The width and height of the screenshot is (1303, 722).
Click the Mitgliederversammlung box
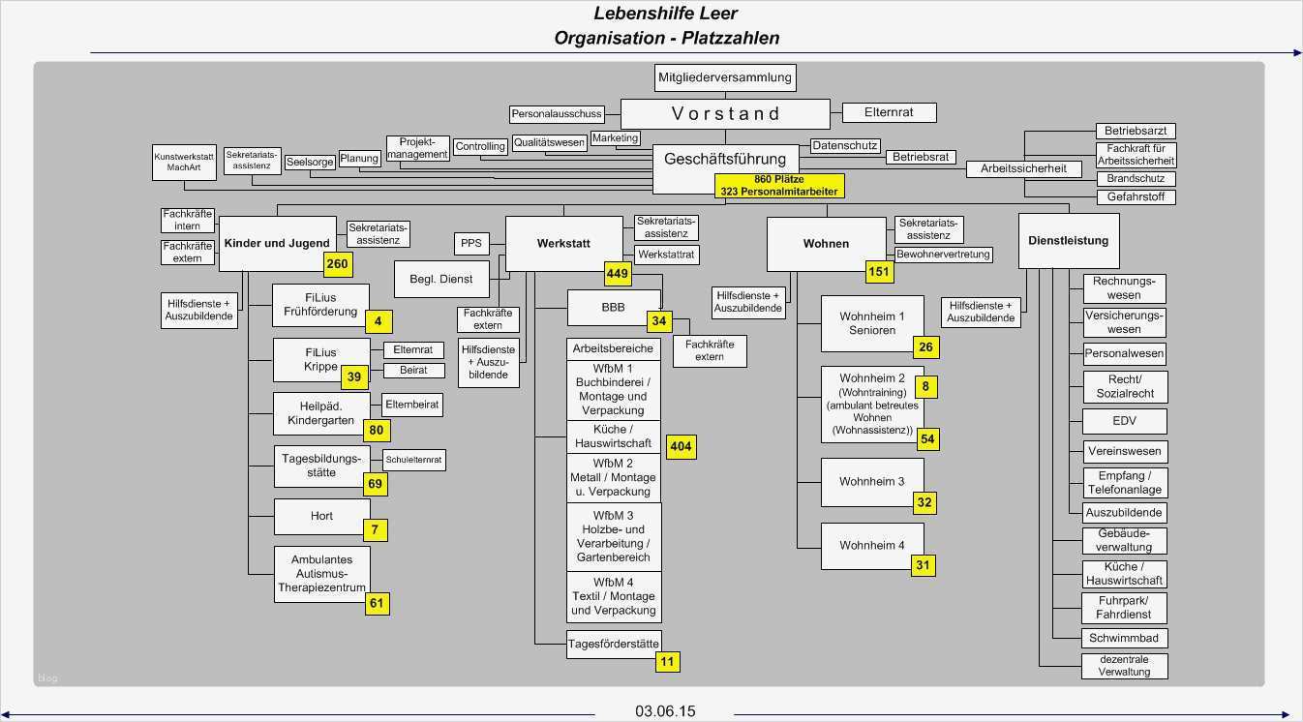pos(725,77)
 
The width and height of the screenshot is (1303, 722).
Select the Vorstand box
pos(725,113)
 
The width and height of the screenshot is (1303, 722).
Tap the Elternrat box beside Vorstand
pos(890,112)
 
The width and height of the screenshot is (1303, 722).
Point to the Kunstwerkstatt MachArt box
pos(184,162)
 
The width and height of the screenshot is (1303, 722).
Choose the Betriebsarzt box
pos(1135,131)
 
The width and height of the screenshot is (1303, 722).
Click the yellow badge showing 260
pos(337,264)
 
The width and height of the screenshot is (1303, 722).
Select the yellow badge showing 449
pos(618,274)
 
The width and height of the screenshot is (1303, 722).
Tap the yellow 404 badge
pos(681,446)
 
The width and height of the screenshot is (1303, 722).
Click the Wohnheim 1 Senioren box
pos(871,323)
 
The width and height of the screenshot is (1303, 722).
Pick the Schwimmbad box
pos(1123,638)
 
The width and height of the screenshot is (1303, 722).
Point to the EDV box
pos(1124,421)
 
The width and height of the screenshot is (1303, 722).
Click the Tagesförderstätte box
pos(613,644)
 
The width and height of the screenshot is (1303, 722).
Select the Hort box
pos(321,516)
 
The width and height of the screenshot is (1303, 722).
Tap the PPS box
pos(470,243)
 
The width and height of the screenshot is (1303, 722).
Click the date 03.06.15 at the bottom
pos(665,711)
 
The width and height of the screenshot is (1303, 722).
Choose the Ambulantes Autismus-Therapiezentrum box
pos(321,573)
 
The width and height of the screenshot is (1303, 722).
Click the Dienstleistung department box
pos(1068,241)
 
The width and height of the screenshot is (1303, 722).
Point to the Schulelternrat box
pos(413,460)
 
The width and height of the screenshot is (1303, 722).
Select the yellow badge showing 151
pos(879,272)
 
